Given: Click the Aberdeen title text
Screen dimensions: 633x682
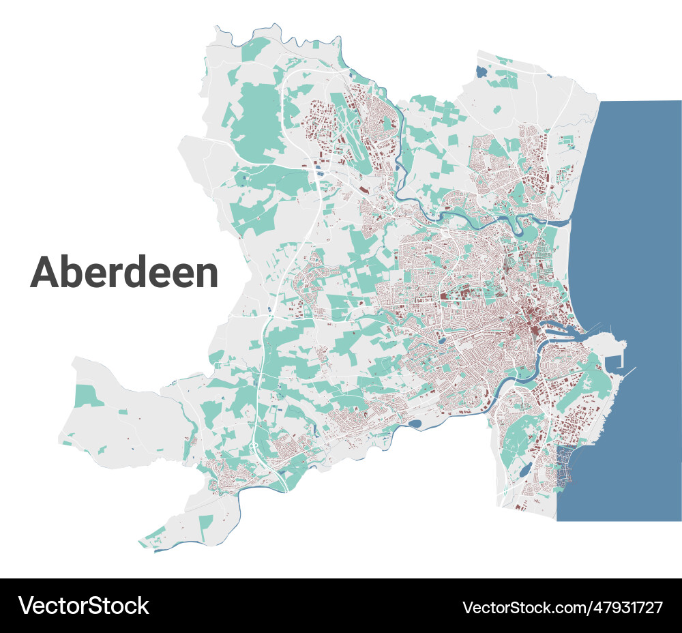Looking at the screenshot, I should [x=124, y=272].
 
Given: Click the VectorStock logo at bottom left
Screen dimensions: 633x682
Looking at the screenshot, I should [x=83, y=606].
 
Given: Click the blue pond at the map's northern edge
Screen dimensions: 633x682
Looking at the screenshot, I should [x=482, y=70].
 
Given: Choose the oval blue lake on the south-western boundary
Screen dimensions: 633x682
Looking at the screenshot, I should [x=414, y=424].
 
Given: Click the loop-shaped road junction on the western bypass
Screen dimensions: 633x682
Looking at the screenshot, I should [x=254, y=447].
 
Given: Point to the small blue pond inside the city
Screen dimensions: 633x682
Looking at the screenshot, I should [x=442, y=338].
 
